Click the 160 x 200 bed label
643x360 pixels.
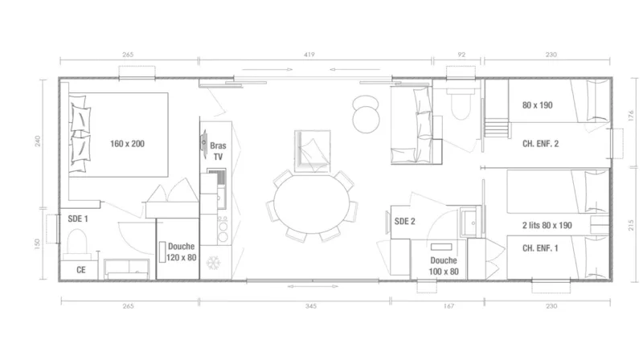[x=128, y=144]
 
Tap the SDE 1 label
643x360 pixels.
[x=78, y=218]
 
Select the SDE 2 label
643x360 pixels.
[x=405, y=221]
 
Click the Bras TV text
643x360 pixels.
[x=217, y=152]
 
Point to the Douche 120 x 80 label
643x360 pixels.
[x=182, y=252]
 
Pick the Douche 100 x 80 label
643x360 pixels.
[x=444, y=265]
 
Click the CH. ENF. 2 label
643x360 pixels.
[x=540, y=144]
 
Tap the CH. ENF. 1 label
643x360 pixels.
[x=540, y=248]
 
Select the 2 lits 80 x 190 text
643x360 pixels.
[x=547, y=226]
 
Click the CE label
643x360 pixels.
[x=81, y=270]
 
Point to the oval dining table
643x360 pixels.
[x=313, y=204]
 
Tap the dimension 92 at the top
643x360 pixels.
[x=461, y=55]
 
